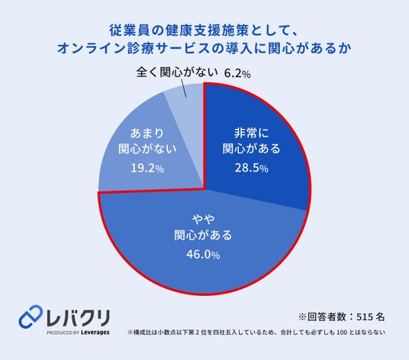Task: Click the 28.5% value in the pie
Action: [252, 168]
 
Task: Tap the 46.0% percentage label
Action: [203, 255]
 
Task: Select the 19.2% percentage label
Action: [147, 169]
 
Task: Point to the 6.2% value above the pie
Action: [237, 74]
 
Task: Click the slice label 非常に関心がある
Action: [251, 141]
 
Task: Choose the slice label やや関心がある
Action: [203, 227]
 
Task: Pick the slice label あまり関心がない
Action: [147, 141]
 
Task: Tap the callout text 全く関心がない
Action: [177, 72]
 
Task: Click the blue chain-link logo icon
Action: [31, 317]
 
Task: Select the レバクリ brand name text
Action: [78, 318]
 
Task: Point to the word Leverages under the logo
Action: [95, 333]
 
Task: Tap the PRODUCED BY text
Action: [63, 333]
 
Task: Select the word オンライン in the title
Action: [92, 48]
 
